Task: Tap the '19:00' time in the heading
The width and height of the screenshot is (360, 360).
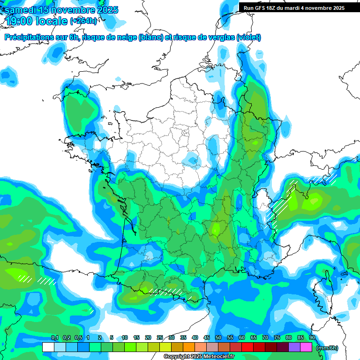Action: (18, 21)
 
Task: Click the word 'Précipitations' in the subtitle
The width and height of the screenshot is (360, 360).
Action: (28, 37)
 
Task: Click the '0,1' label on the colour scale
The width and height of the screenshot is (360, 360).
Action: (54, 337)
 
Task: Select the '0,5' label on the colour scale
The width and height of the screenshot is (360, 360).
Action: (78, 337)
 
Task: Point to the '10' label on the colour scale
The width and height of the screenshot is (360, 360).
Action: (125, 337)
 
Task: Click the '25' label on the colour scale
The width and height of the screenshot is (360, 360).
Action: (160, 337)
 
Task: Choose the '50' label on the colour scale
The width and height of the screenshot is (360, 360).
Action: (218, 337)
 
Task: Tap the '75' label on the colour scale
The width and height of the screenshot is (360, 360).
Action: (277, 337)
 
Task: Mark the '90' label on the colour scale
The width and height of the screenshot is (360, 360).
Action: (312, 337)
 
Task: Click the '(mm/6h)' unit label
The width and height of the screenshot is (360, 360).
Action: (328, 348)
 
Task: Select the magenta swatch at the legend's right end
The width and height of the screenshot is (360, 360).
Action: (306, 347)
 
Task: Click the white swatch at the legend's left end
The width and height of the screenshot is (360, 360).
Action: (48, 347)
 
